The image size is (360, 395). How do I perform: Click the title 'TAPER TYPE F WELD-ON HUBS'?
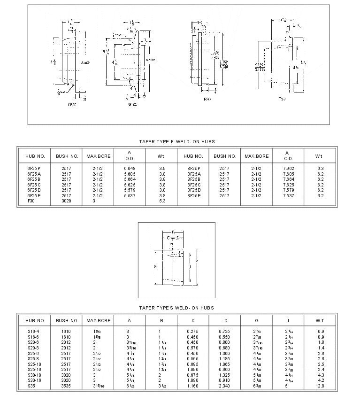[x=176, y=141]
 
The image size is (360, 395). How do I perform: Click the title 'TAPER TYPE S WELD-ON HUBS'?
[x=176, y=308]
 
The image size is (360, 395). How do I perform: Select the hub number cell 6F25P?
[x=34, y=168]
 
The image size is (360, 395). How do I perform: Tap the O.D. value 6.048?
[x=130, y=168]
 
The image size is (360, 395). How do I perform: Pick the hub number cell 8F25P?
[x=193, y=168]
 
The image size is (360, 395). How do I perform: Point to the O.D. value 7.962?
[x=287, y=168]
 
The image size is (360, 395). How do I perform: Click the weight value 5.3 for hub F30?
[x=161, y=201]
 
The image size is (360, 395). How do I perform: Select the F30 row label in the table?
[x=31, y=201]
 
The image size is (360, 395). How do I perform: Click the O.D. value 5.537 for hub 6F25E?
[x=130, y=195]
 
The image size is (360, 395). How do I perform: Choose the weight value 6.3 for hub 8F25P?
[x=320, y=168]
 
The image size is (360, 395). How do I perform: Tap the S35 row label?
[x=31, y=386]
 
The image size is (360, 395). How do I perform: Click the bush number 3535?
[x=66, y=386]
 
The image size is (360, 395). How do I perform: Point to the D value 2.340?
[x=224, y=386]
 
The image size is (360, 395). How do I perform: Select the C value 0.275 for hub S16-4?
[x=193, y=332]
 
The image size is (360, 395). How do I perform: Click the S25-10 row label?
[x=34, y=364]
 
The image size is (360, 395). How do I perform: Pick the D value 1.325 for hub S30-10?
[x=224, y=375]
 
